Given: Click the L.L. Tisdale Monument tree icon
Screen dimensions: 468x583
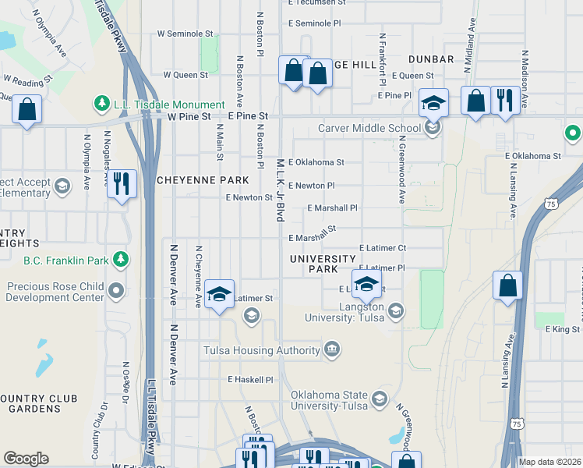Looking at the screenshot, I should pos(101,104).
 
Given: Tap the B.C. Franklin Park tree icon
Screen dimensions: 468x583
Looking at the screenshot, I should pos(119,258).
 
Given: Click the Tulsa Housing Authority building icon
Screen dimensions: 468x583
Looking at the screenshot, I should pos(331,347).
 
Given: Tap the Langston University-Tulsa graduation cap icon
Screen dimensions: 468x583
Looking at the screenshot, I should pos(395,312).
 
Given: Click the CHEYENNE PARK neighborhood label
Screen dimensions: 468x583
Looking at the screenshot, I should pos(191,179).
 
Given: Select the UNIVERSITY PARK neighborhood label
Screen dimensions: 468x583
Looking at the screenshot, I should pos(313,264).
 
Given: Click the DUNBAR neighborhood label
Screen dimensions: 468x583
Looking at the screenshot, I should pos(430,59).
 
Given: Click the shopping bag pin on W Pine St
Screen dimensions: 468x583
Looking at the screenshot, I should pos(27,109).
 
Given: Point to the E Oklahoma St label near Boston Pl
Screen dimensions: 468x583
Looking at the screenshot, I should pos(316,162).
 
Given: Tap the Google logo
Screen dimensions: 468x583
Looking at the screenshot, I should pos(26,459).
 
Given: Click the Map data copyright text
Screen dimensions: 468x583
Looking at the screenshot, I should pos(549,462).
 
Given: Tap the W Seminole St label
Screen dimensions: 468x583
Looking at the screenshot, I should pos(185,34).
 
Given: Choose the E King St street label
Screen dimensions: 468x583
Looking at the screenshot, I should pos(564,329).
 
